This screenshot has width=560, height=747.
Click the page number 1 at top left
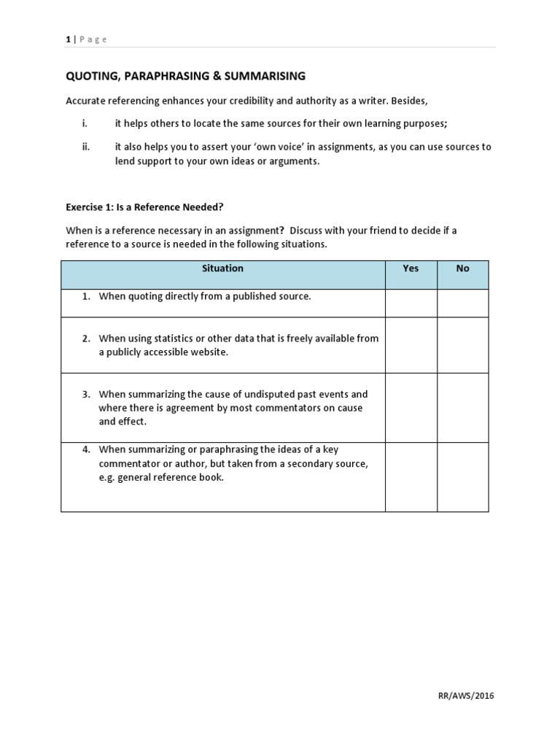click(68, 39)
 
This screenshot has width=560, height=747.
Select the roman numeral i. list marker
click(84, 123)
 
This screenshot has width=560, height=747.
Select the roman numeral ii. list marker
click(85, 147)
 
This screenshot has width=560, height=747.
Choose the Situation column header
click(222, 268)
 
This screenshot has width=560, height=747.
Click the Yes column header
click(411, 268)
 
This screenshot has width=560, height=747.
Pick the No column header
click(462, 268)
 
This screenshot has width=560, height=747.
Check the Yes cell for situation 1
click(411, 303)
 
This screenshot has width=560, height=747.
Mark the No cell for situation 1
click(462, 303)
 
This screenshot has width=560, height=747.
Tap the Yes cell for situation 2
click(411, 345)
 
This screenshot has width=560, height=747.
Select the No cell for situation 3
click(462, 407)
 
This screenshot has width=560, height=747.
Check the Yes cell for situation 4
click(411, 476)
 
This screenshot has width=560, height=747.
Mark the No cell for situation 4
click(462, 476)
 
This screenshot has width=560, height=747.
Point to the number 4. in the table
click(86, 449)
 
